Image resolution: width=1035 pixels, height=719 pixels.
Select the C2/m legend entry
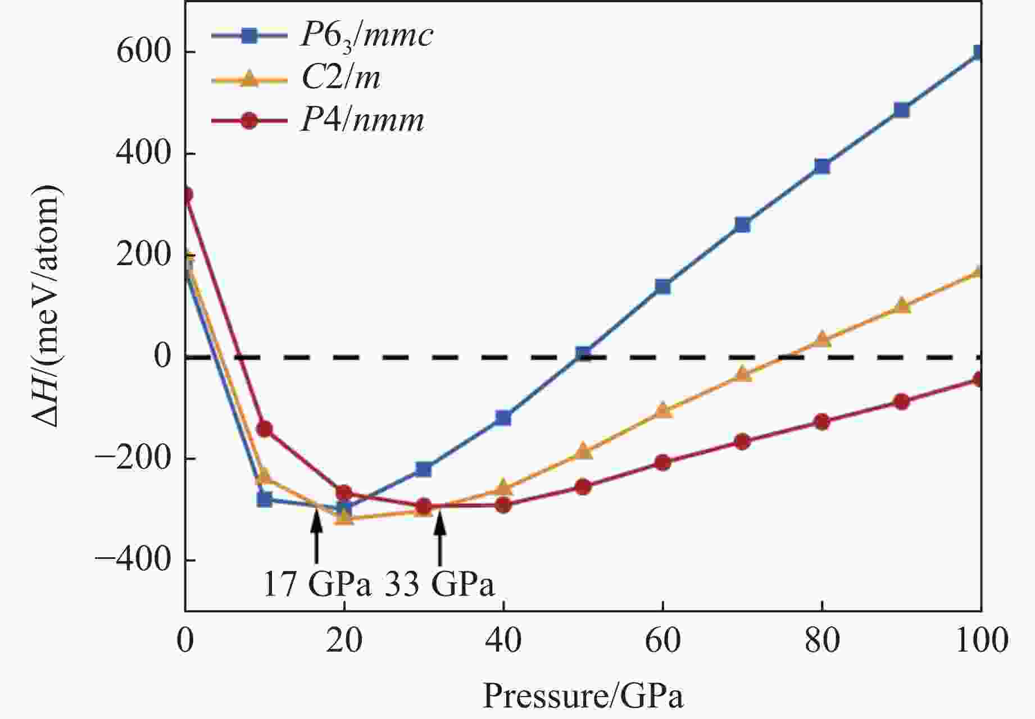[341, 79]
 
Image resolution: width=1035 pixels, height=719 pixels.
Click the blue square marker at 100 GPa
[978, 53]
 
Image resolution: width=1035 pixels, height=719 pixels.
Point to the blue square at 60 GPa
[663, 286]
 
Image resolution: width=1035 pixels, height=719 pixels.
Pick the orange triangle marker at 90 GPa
[901, 306]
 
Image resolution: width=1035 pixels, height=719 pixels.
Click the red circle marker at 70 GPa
[742, 442]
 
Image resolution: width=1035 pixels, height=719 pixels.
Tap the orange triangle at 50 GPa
[583, 451]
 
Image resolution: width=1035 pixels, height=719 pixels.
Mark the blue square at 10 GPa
[265, 499]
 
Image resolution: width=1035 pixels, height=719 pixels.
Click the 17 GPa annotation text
[317, 585]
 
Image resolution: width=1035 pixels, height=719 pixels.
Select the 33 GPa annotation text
[439, 585]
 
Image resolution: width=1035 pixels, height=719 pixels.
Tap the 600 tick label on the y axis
[143, 52]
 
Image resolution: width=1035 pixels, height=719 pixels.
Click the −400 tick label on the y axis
[133, 560]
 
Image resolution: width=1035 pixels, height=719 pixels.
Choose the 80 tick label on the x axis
[821, 641]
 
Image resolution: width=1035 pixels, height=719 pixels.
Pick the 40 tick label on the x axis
[503, 641]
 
